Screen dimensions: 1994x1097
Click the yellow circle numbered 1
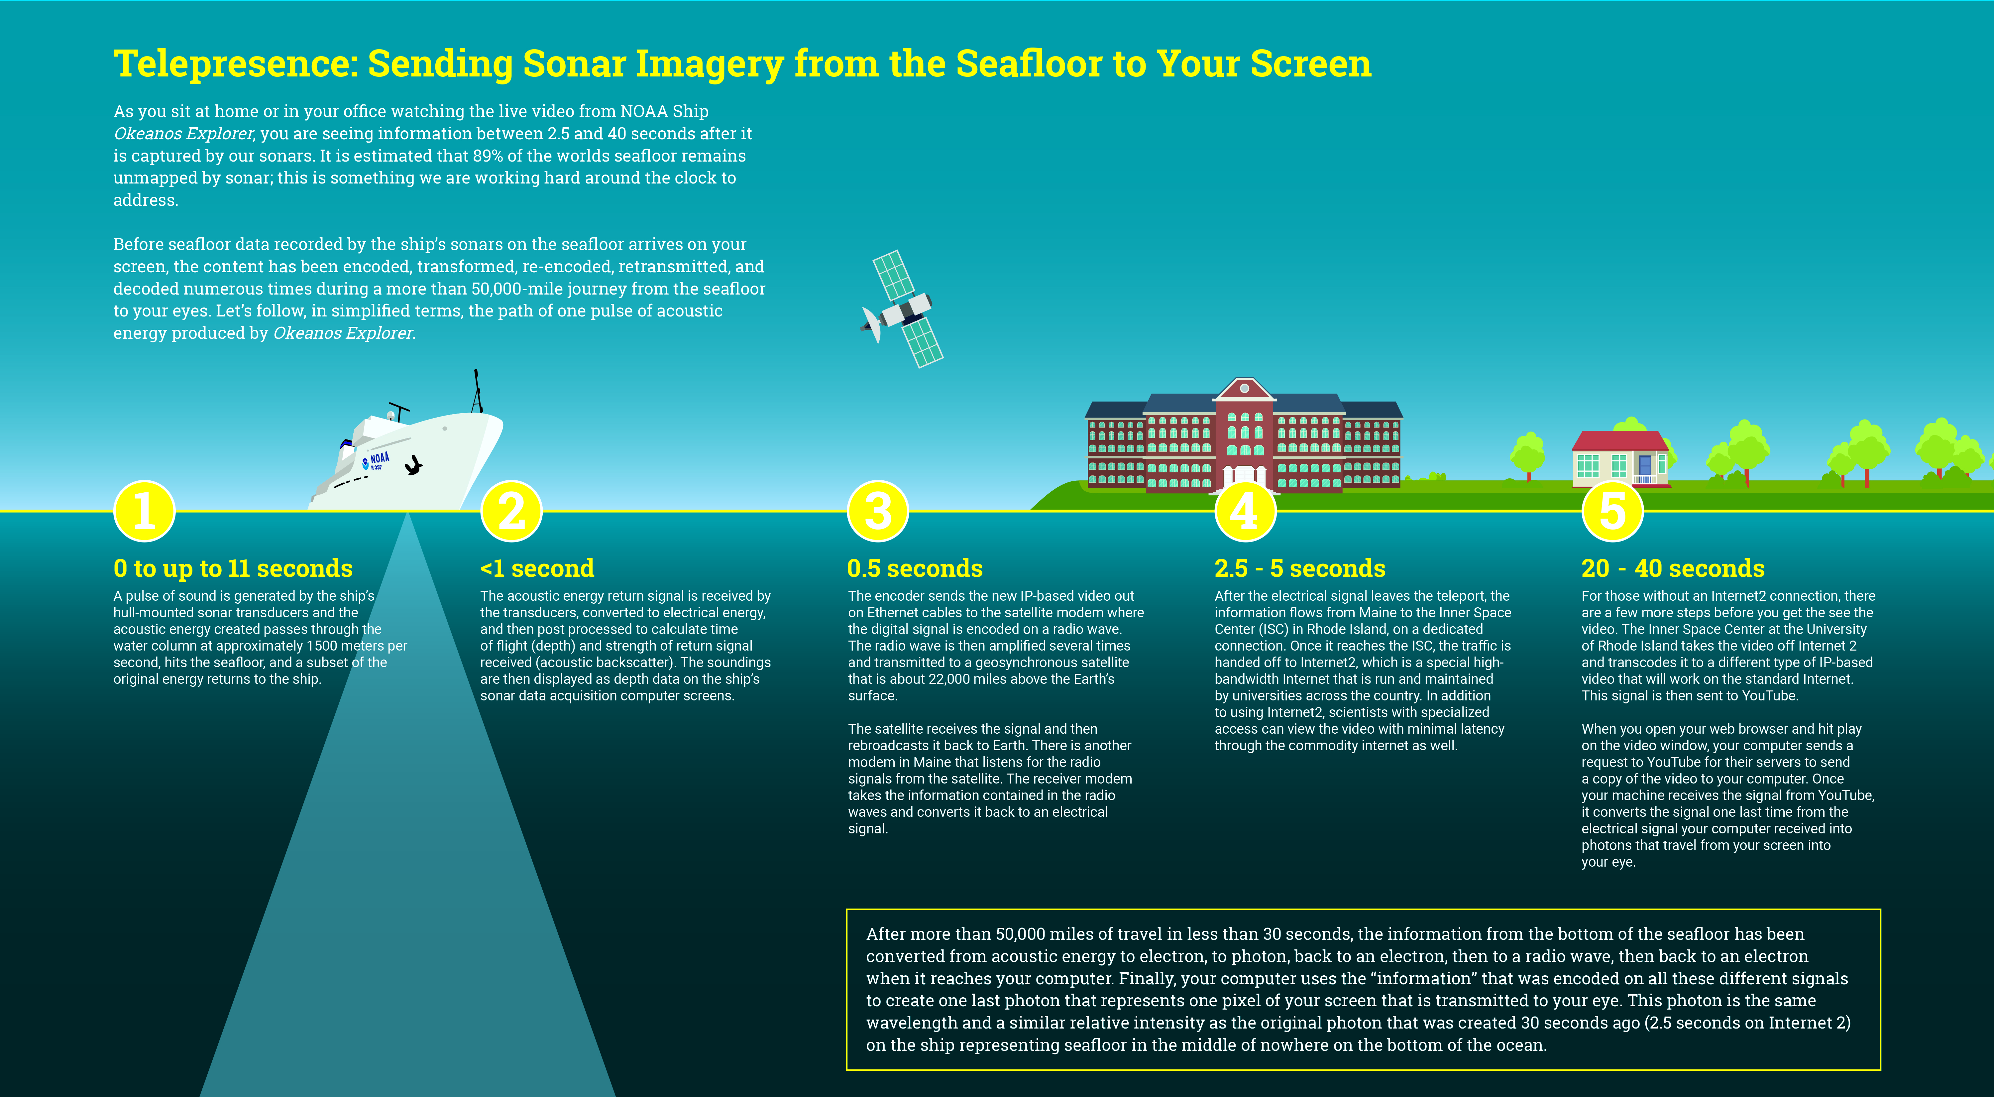(x=144, y=511)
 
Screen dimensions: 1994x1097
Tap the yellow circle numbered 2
(x=511, y=511)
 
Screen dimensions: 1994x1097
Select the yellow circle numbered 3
(x=878, y=511)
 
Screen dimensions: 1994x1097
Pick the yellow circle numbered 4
(x=1245, y=511)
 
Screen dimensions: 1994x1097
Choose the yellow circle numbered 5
(x=1612, y=511)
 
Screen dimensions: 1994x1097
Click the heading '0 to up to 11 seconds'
(x=233, y=568)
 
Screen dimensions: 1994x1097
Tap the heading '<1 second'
(x=537, y=568)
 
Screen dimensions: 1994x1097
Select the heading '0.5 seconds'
(x=915, y=568)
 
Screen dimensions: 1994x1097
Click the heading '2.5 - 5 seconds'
(x=1300, y=568)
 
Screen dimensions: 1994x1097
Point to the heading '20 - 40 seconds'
(x=1673, y=568)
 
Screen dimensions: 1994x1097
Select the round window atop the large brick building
(x=1244, y=388)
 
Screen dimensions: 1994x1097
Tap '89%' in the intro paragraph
(x=488, y=156)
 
